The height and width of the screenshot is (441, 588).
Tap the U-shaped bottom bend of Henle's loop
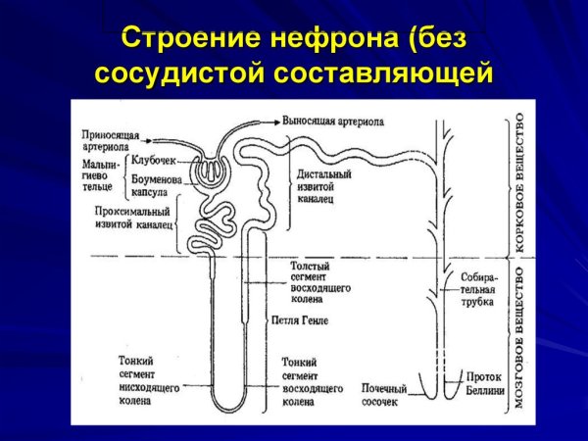coord(235,406)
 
